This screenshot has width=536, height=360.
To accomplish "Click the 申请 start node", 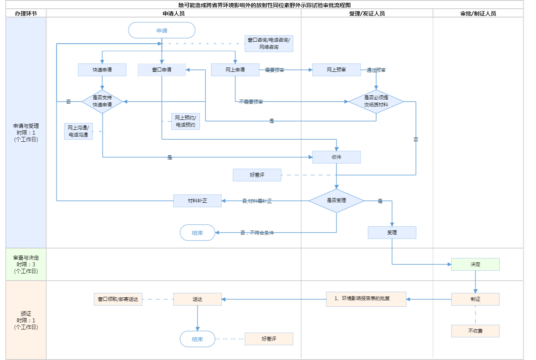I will click(162, 31).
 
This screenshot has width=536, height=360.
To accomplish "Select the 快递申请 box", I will click(102, 70).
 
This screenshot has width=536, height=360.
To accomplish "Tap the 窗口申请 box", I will click(162, 70).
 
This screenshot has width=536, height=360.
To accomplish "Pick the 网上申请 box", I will click(235, 70).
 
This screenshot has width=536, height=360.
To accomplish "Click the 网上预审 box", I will click(336, 70).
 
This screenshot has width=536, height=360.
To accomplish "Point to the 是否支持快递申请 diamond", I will click(102, 101).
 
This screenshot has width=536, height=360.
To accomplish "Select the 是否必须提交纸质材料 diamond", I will click(376, 101).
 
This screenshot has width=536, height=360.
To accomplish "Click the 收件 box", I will click(336, 157).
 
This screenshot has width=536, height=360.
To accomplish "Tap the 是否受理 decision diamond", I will click(336, 200).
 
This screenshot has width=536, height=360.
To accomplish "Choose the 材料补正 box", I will click(197, 201).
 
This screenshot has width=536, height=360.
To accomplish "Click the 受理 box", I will click(392, 233).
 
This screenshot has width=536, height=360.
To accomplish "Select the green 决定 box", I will click(475, 264).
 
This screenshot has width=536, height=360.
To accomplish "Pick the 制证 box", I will click(475, 299).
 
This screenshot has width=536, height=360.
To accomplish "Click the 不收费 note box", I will click(475, 331).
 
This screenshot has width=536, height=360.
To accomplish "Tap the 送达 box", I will click(197, 299).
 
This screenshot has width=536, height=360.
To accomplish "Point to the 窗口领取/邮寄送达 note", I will click(118, 299).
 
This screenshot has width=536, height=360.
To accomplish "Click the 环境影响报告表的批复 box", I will click(366, 299).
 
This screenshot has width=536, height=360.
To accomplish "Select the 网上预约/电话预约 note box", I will click(185, 121).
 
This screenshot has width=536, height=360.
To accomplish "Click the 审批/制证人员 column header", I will click(478, 13).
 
